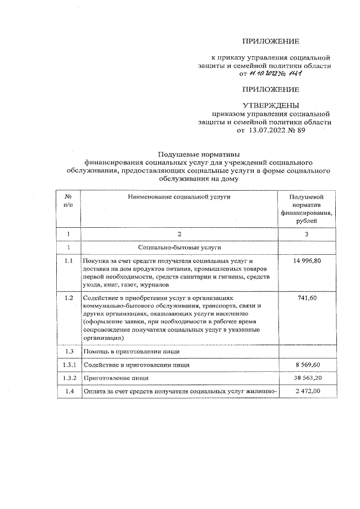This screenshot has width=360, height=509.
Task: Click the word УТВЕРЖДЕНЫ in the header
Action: click(271, 105)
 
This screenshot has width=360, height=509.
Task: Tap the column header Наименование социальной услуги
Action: click(179, 197)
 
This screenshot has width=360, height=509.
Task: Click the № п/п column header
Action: click(67, 201)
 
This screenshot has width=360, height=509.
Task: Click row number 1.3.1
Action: click(68, 365)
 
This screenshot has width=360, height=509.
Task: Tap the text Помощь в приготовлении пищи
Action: click(131, 352)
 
